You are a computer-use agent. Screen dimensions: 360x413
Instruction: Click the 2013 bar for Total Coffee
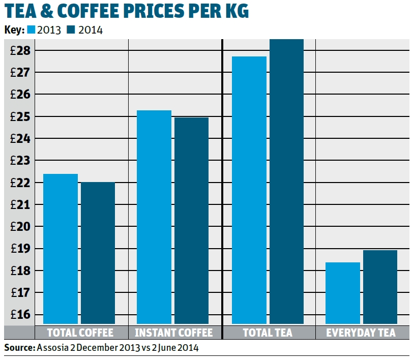(x=61, y=249)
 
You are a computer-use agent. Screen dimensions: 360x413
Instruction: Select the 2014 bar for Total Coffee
(x=98, y=253)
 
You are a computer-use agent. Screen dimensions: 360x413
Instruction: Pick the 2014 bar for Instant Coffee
(x=191, y=221)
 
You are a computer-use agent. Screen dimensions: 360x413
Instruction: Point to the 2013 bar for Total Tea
(x=249, y=190)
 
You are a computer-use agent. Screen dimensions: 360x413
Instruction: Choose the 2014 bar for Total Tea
(x=286, y=181)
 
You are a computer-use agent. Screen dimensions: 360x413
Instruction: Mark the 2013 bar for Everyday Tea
(x=343, y=293)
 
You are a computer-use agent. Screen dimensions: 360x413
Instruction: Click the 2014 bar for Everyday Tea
(x=380, y=287)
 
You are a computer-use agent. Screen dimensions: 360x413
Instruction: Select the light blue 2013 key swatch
(x=31, y=30)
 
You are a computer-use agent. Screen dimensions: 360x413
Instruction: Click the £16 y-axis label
(x=20, y=315)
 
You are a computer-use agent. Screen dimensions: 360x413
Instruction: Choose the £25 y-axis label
(x=20, y=117)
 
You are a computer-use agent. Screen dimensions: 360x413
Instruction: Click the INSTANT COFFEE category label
(x=173, y=333)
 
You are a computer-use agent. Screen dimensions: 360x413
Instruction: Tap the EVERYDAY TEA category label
(x=361, y=333)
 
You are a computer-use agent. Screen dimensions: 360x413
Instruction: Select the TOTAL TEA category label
(x=268, y=333)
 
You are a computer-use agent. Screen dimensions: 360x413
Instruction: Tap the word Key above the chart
(x=14, y=30)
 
